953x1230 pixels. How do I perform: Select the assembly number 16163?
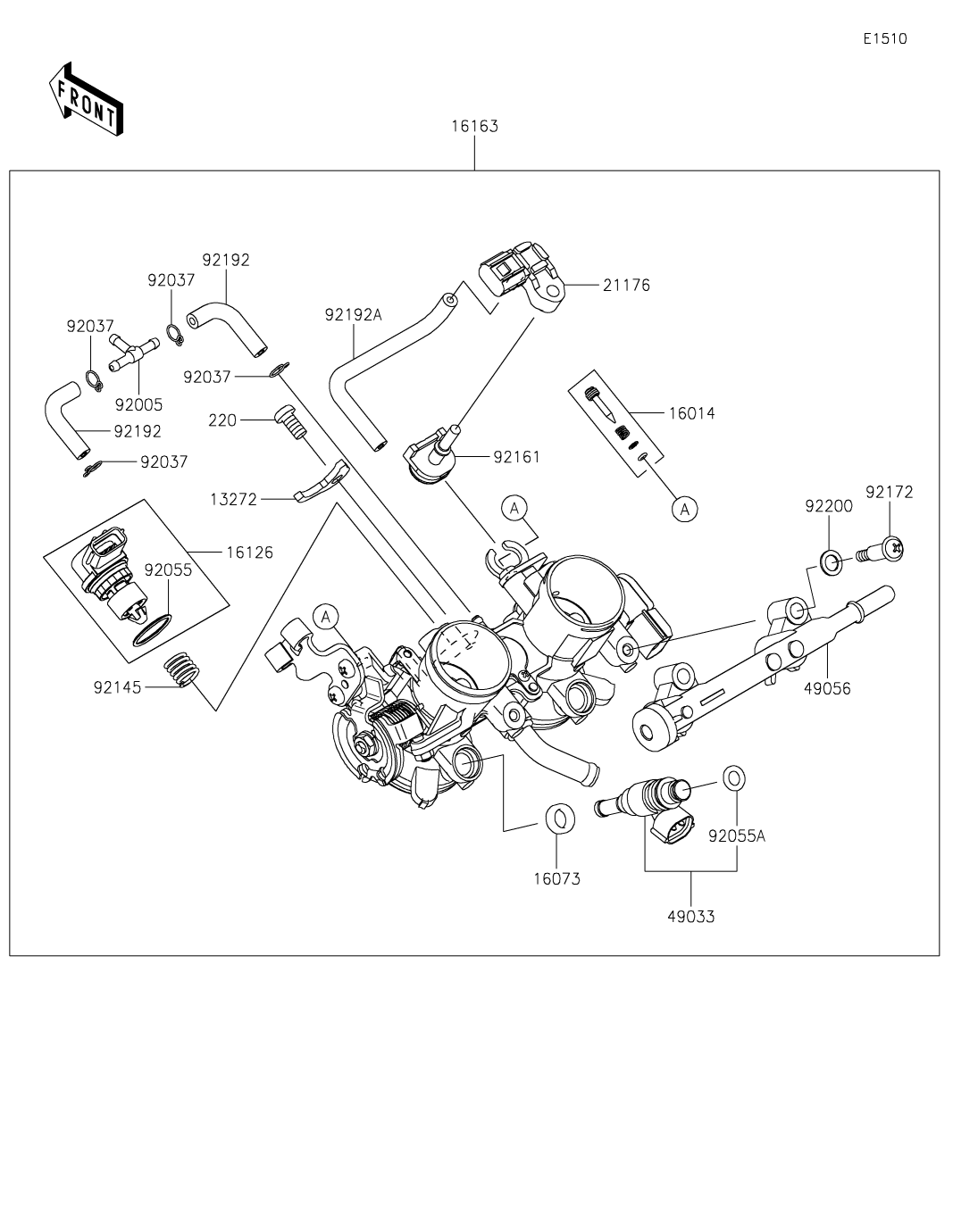(474, 126)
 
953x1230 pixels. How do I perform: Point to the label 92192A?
(353, 314)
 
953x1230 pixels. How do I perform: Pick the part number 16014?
(691, 413)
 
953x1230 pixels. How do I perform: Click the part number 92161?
(517, 457)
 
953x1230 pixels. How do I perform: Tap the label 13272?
(233, 500)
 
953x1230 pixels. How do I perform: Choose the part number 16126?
(249, 553)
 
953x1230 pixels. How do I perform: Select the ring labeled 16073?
(558, 817)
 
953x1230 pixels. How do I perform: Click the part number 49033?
(691, 916)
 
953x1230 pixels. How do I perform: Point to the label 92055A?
(737, 836)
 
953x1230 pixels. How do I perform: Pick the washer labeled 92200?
(831, 562)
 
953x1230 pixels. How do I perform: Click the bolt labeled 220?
(288, 420)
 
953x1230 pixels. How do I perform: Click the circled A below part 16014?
(685, 509)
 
